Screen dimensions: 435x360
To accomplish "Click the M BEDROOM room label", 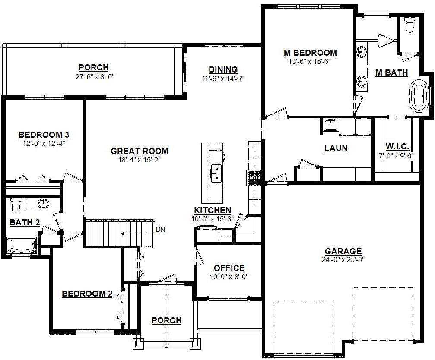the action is (310, 53).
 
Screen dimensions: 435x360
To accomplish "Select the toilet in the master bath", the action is (409, 25).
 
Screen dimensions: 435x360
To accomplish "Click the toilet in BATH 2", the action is (15, 205).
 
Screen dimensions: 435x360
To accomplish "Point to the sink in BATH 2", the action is (43, 204).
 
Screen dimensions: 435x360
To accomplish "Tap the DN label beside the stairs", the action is (160, 229).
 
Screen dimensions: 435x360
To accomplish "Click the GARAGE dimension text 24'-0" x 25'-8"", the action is (343, 259).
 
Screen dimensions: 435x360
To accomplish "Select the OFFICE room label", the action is (229, 268).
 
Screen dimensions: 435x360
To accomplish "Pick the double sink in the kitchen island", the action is (216, 174).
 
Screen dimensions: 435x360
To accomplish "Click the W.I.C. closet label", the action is (397, 147).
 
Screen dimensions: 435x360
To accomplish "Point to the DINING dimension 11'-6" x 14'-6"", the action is (223, 79).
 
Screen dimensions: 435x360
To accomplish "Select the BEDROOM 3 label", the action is (44, 135).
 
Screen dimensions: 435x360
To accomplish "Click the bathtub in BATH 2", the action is (22, 245).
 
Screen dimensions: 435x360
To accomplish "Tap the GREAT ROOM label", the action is (140, 151).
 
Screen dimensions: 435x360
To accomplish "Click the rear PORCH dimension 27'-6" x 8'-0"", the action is (95, 77).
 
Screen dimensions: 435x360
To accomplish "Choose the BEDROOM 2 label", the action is (87, 294).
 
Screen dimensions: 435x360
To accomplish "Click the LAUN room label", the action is (336, 148).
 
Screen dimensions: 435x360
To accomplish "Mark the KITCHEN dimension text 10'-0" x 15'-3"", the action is (213, 219).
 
